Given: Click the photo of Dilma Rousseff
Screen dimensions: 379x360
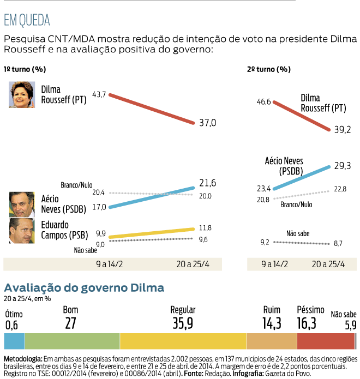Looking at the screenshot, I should pyautogui.click(x=22, y=94).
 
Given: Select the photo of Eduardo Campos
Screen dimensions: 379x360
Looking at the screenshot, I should pyautogui.click(x=22, y=231).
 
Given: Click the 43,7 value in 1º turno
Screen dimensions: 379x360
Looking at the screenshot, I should pyautogui.click(x=99, y=94).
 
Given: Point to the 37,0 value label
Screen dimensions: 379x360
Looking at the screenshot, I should pyautogui.click(x=207, y=123).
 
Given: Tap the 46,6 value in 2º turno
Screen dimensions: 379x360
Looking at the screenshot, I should pyautogui.click(x=263, y=101).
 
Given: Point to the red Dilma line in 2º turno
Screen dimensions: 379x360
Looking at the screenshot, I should pyautogui.click(x=302, y=116).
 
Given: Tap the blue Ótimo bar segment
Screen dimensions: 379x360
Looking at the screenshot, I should pyautogui.click(x=14, y=341).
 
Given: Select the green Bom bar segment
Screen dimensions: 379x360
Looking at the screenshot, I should pyautogui.click(x=72, y=341).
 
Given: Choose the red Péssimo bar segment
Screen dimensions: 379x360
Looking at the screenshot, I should pyautogui.click(x=326, y=341).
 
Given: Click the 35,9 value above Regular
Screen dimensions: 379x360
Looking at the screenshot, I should pyautogui.click(x=183, y=323).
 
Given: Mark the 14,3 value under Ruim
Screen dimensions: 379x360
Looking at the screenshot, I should pyautogui.click(x=272, y=323).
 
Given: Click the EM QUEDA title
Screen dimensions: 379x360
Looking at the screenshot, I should pyautogui.click(x=27, y=21).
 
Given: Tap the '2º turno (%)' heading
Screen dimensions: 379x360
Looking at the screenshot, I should pyautogui.click(x=268, y=69).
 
